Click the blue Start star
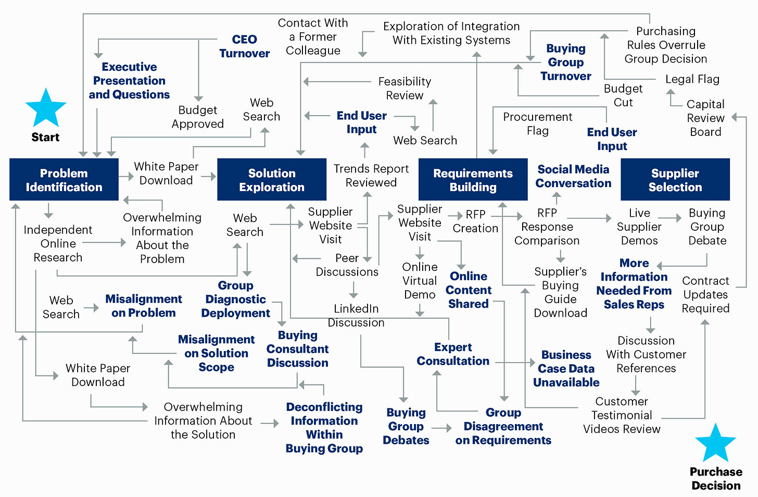click(46, 108)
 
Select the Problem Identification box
click(64, 180)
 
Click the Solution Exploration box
click(272, 180)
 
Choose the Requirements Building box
click(473, 180)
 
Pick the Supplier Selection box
click(675, 180)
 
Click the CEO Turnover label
click(244, 46)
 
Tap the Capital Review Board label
click(705, 118)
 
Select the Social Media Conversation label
click(573, 176)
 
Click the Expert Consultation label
click(453, 354)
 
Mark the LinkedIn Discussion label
click(356, 315)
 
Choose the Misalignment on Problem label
click(144, 306)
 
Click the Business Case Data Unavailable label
click(566, 368)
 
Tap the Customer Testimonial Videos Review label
click(622, 415)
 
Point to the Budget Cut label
click(623, 95)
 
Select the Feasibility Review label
click(405, 88)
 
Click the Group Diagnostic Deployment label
click(236, 299)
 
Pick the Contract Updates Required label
click(705, 294)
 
